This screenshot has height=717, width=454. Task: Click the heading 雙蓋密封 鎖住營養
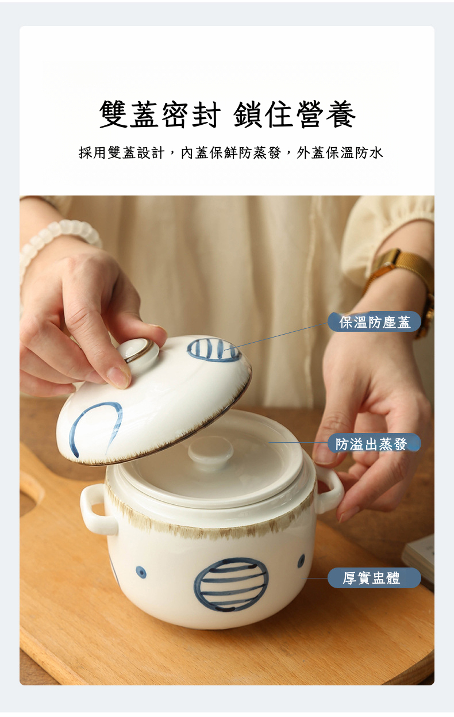click(228, 114)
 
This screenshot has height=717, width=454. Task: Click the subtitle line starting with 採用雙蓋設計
click(230, 153)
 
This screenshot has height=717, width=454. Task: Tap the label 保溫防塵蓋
click(374, 321)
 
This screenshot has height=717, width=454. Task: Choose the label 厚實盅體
click(374, 578)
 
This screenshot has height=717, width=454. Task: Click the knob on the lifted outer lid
click(138, 351)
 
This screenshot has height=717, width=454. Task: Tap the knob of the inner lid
click(210, 450)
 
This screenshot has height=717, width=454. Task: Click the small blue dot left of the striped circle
click(141, 572)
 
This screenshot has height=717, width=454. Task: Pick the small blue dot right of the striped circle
click(301, 560)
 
